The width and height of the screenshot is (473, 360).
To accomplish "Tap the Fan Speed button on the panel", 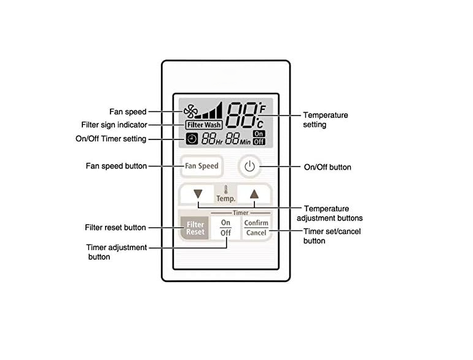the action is [x=201, y=166].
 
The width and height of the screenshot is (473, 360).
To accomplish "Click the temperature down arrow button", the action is [x=197, y=194].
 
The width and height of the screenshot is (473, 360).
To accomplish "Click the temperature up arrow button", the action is [x=254, y=194].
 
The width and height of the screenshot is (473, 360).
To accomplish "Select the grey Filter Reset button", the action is [x=195, y=228].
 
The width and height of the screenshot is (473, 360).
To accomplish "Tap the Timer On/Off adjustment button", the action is [x=225, y=228].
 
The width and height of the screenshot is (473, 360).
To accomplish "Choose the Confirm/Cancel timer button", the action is [x=256, y=228].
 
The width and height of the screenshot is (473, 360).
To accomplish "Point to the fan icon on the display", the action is [x=190, y=111].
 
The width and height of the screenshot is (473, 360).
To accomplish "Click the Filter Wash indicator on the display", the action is [x=204, y=125].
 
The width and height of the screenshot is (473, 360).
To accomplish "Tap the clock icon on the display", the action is [x=192, y=139].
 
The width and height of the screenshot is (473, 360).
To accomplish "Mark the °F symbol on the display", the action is [x=262, y=108].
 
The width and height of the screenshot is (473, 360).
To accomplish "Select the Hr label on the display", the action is [x=219, y=141].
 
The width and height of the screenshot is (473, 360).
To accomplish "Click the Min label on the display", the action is [x=245, y=141].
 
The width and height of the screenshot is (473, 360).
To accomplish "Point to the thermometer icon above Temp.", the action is [x=225, y=190].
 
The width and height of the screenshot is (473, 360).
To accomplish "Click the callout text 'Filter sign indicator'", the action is [x=114, y=125].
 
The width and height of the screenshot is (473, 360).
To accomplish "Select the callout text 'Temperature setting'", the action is [x=326, y=120].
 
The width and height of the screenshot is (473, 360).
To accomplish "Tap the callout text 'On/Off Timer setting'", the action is [x=111, y=139].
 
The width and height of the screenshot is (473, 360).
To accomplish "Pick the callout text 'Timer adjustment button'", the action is [x=117, y=252].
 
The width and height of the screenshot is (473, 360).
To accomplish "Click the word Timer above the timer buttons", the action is [x=240, y=213].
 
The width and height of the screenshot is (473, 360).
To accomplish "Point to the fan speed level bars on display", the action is [x=209, y=110].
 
